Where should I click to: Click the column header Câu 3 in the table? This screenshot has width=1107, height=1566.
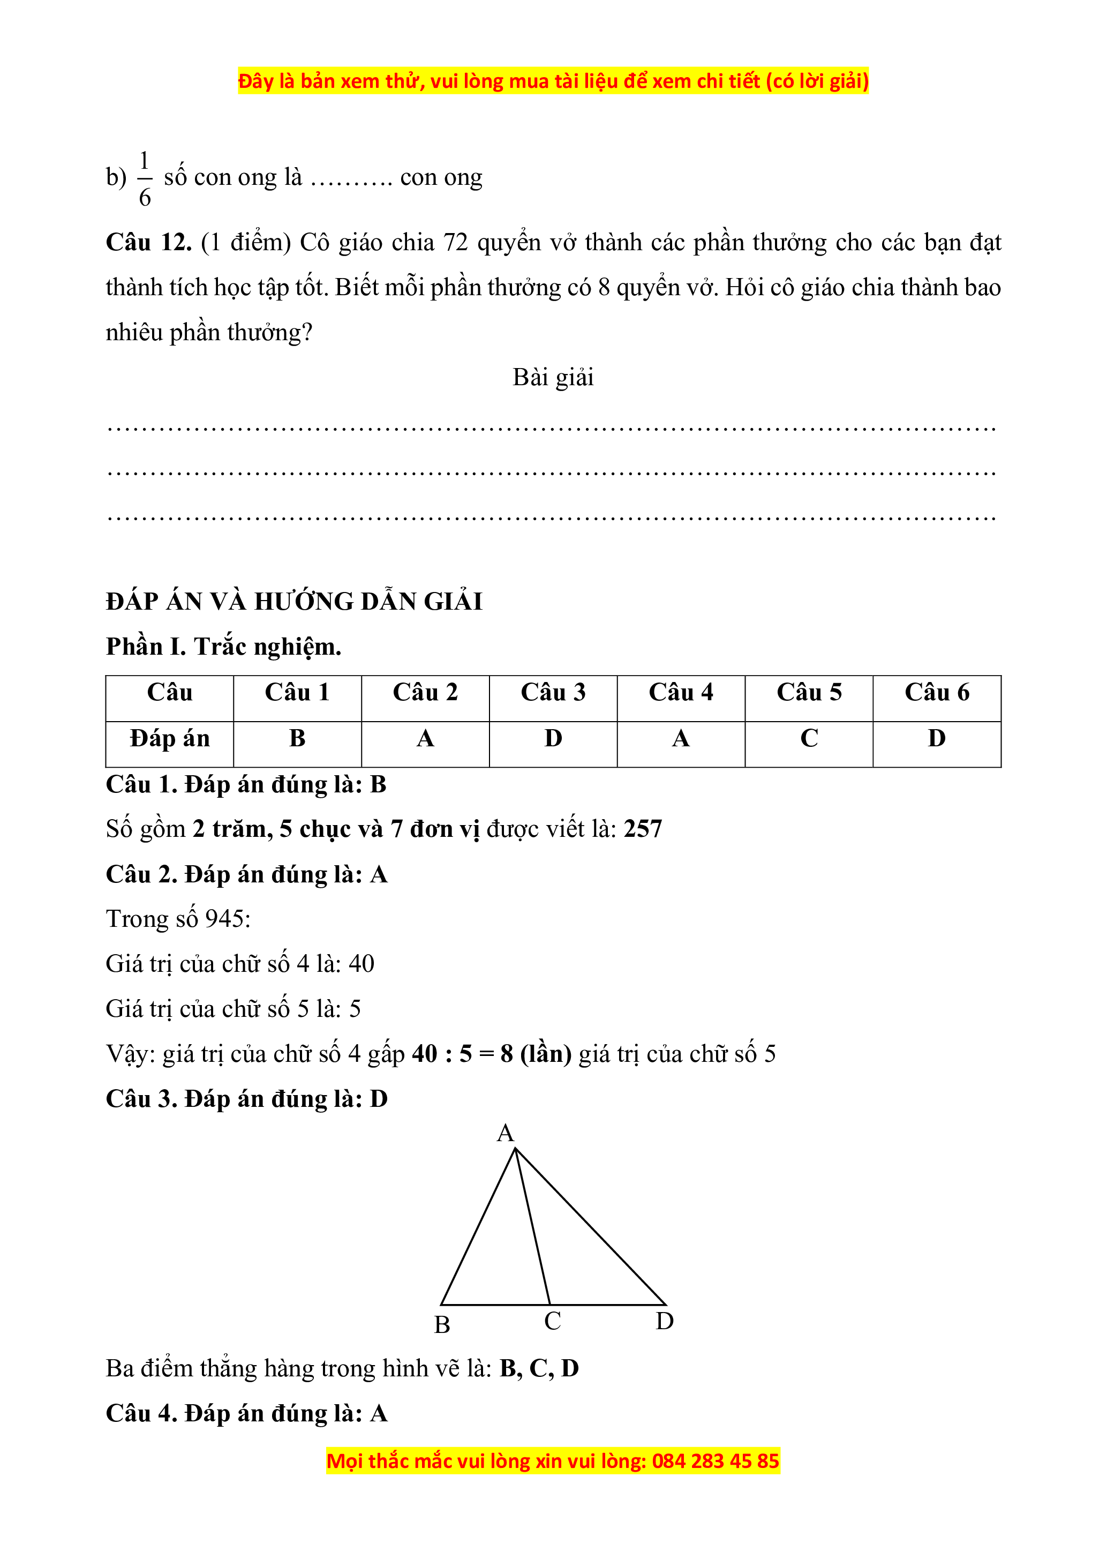pyautogui.click(x=553, y=692)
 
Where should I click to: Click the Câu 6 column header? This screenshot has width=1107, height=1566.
pyautogui.click(x=937, y=692)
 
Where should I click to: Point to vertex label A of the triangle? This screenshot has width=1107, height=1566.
pyautogui.click(x=505, y=1134)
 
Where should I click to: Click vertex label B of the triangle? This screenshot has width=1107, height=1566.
pyautogui.click(x=442, y=1324)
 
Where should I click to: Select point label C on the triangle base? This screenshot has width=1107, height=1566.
pyautogui.click(x=552, y=1321)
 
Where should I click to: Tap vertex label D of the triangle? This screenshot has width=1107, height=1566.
pyautogui.click(x=665, y=1321)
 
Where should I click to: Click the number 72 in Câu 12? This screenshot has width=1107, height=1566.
pyautogui.click(x=455, y=243)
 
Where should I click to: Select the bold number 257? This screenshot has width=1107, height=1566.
pyautogui.click(x=643, y=829)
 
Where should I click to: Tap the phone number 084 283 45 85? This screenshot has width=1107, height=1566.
pyautogui.click(x=715, y=1461)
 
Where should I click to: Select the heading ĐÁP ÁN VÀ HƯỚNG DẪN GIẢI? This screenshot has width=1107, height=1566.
pyautogui.click(x=294, y=602)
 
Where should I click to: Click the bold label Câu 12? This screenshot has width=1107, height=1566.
pyautogui.click(x=148, y=243)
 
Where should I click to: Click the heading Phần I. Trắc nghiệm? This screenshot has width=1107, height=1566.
pyautogui.click(x=223, y=647)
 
